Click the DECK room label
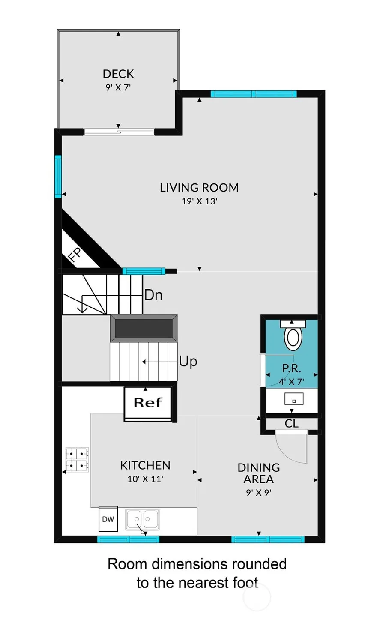coord(118,74)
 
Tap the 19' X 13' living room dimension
coord(199,201)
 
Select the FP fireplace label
coord(75,255)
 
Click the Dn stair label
coord(153,295)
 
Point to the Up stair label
coord(188,361)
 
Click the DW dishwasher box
coord(108,519)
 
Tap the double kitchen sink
coord(142,519)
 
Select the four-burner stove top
coord(77,460)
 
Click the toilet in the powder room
coord(293,335)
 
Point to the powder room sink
coord(294,399)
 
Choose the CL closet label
coord(292,424)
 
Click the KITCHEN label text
coord(145,465)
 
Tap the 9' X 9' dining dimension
coord(259,492)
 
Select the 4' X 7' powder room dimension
coord(291,382)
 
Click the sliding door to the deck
coord(119,132)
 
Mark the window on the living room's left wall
coord(58,177)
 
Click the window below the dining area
coord(268,539)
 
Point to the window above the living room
coord(254,94)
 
